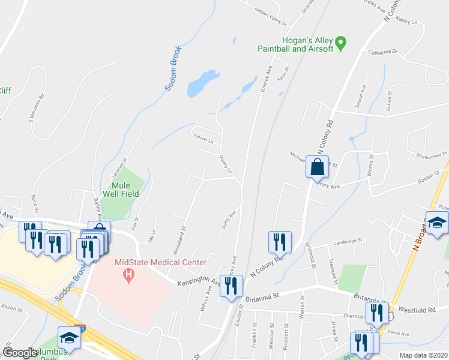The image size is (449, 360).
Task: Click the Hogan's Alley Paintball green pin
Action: pos(341,43)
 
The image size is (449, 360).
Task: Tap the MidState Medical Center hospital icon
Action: pos(127,276)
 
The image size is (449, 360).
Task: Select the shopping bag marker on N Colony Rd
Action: pos(317,167)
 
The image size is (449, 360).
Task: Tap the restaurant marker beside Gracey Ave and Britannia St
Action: pos(231,287)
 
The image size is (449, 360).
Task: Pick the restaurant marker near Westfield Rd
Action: pos(376,313)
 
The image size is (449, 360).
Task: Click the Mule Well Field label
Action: pos(123,190)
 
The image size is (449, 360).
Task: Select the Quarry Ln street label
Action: pos(225,162)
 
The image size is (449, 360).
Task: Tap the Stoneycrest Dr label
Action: pos(432,154)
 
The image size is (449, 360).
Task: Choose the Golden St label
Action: pos(429,176)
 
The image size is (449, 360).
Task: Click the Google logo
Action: pos(20,353)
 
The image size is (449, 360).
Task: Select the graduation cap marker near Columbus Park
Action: pos(69,338)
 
